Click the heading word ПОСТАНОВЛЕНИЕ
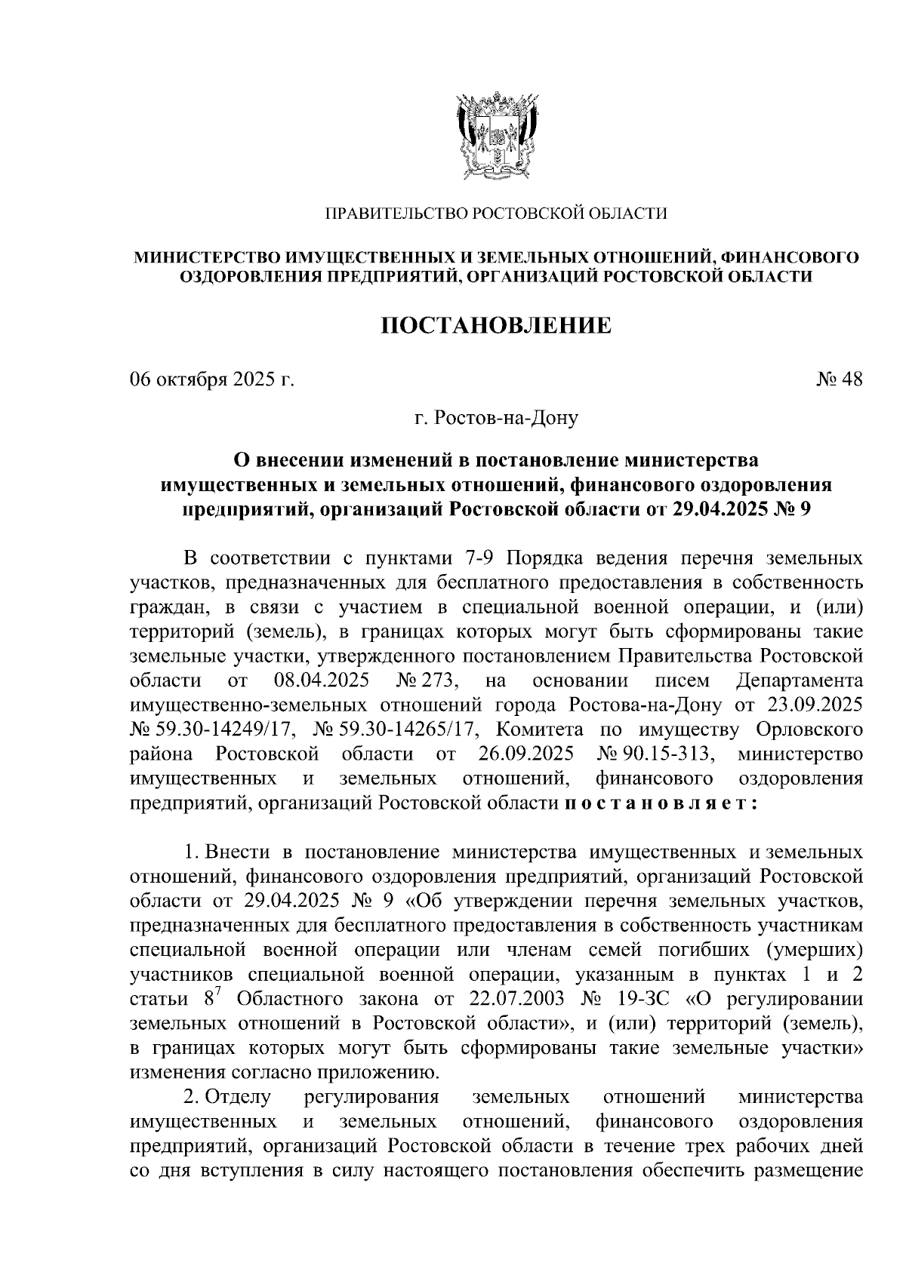495,326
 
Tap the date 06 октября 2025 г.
211,379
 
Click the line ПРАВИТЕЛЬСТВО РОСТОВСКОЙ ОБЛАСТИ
495,214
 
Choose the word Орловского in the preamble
810,730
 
